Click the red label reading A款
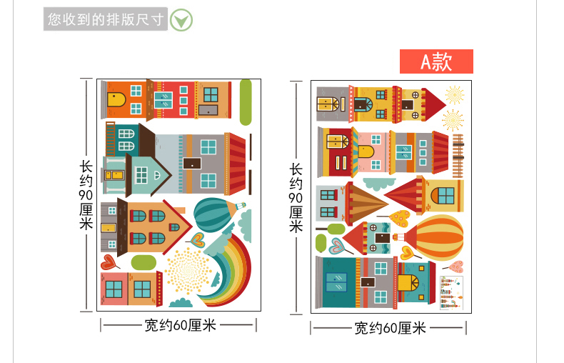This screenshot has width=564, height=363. tap(436, 61)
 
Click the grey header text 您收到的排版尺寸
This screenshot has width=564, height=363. tap(105, 19)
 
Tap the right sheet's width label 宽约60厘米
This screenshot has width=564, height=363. tap(390, 328)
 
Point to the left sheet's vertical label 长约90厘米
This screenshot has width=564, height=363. tap(86, 193)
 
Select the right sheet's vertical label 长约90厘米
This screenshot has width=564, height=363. tap(296, 197)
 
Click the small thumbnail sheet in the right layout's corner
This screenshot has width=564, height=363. tap(451, 292)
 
